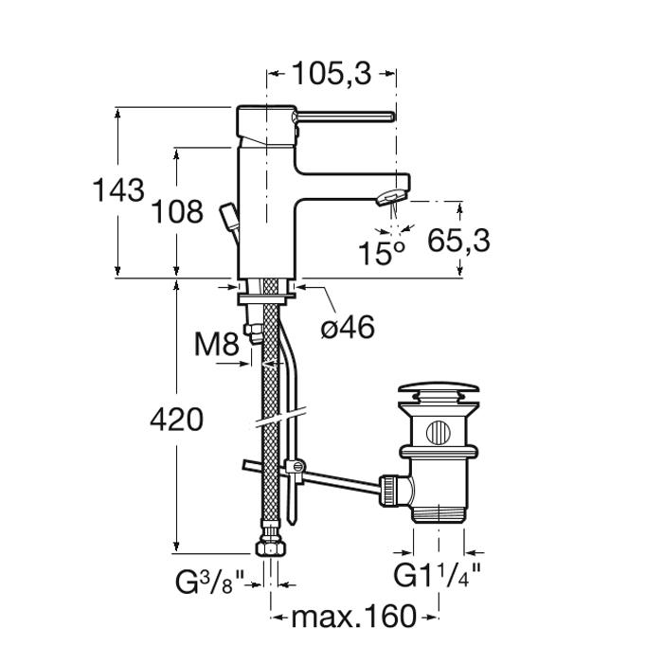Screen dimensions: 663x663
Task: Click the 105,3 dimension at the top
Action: (331, 75)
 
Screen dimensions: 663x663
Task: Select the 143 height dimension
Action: (118, 190)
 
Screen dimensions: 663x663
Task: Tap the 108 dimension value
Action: (177, 212)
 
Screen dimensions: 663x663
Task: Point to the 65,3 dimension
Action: (458, 241)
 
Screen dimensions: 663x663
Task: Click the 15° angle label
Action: (382, 253)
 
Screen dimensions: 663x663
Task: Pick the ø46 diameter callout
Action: (348, 328)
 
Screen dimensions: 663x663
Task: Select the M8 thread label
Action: (217, 344)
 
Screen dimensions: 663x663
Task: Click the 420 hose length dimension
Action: (177, 420)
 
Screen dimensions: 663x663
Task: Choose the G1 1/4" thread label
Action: (438, 576)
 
